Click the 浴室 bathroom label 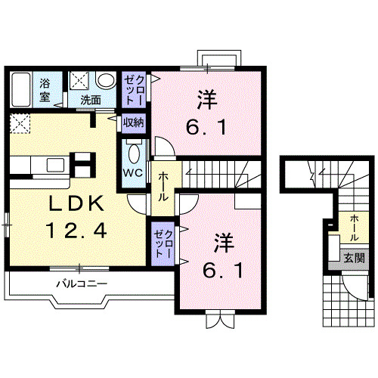(45, 89)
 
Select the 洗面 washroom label (91, 99)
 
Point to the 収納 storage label (133, 121)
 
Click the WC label (133, 172)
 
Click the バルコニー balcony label (83, 284)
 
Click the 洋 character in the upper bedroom (205, 99)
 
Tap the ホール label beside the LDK (163, 185)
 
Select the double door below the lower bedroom (218, 320)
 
